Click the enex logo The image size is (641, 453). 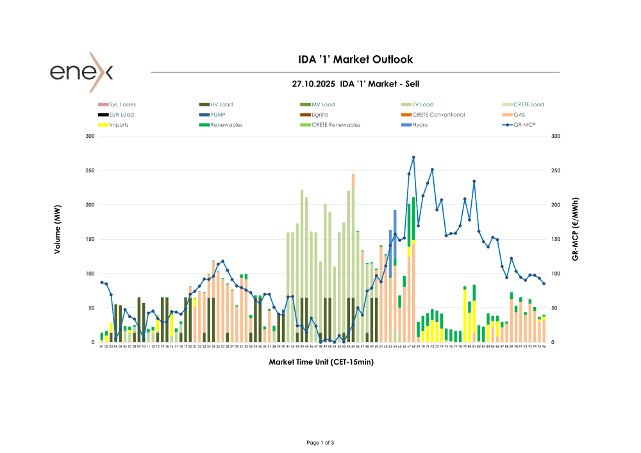click(x=81, y=72)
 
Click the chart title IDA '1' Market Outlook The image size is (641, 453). click(x=356, y=60)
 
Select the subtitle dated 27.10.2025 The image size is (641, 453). click(x=356, y=84)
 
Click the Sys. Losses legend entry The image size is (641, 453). click(x=122, y=104)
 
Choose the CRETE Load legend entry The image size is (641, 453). click(x=528, y=104)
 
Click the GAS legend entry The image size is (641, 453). click(x=519, y=115)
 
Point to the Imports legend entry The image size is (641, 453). click(x=119, y=125)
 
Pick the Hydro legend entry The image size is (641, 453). click(x=420, y=125)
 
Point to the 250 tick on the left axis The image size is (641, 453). click(x=90, y=170)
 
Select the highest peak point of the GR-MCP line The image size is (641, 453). click(x=413, y=157)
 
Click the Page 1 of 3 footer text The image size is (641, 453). click(x=320, y=443)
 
